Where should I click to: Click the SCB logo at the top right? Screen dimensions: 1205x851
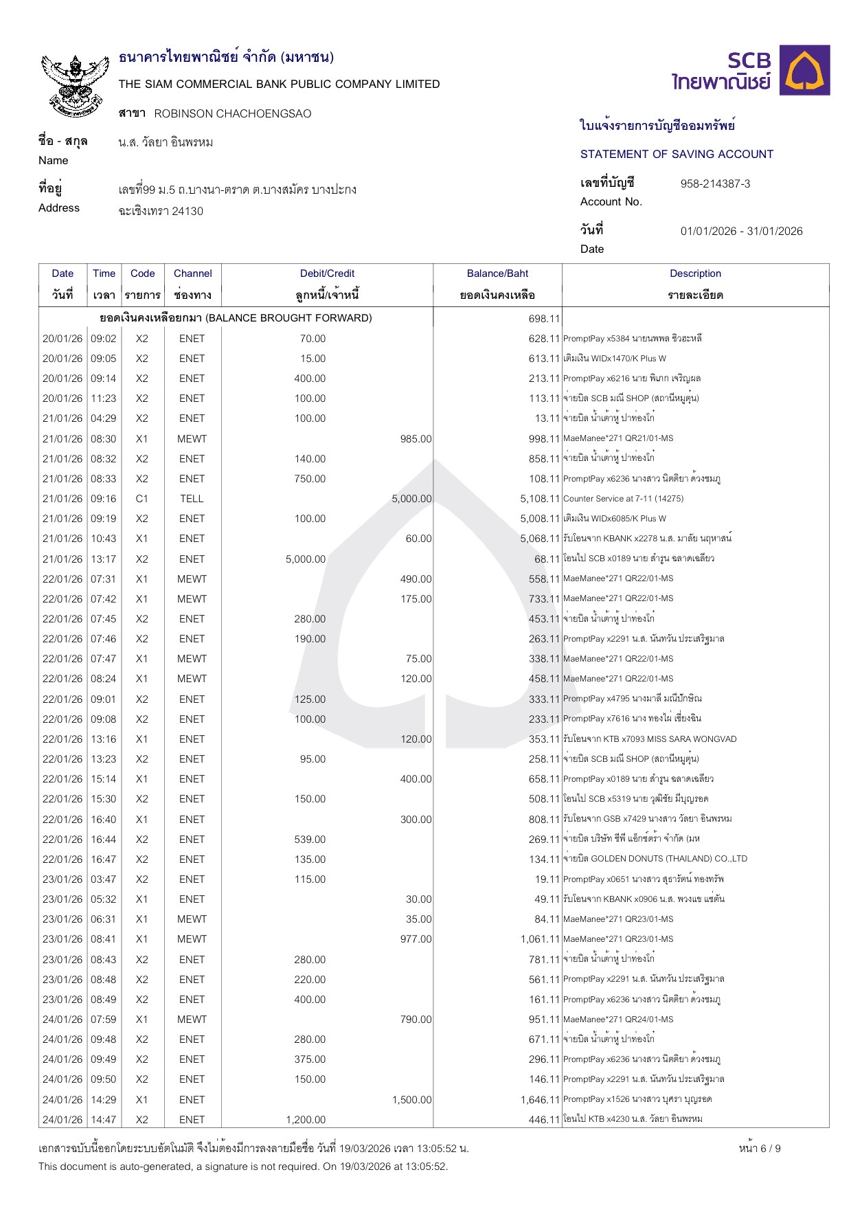point(750,71)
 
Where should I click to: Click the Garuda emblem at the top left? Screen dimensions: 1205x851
point(76,84)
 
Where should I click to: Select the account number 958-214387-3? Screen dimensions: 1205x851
point(715,183)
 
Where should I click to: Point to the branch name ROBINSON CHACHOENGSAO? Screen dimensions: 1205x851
point(232,113)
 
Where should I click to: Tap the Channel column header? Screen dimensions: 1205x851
point(192,273)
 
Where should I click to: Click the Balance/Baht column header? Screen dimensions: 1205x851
point(497,273)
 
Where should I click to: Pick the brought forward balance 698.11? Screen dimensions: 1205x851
point(544,319)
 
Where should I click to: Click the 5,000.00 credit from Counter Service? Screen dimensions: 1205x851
point(411,499)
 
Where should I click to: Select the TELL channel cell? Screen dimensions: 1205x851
point(192,499)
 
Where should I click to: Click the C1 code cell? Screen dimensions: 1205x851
point(141,499)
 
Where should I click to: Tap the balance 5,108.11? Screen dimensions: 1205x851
point(540,499)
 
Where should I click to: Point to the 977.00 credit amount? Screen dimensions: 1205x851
point(416,939)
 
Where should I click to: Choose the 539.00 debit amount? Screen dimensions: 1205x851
point(310,840)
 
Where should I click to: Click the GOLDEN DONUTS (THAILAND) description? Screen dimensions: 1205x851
point(655,859)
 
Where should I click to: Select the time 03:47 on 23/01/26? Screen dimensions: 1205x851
point(104,879)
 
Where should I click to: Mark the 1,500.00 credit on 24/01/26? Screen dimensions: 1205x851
point(411,1100)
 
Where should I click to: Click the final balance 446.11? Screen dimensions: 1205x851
point(544,1120)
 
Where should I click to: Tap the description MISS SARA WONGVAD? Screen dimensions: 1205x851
point(650,739)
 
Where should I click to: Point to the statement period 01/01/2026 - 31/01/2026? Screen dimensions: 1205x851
point(741,231)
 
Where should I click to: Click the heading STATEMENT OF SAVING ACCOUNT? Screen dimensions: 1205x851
point(677,154)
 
